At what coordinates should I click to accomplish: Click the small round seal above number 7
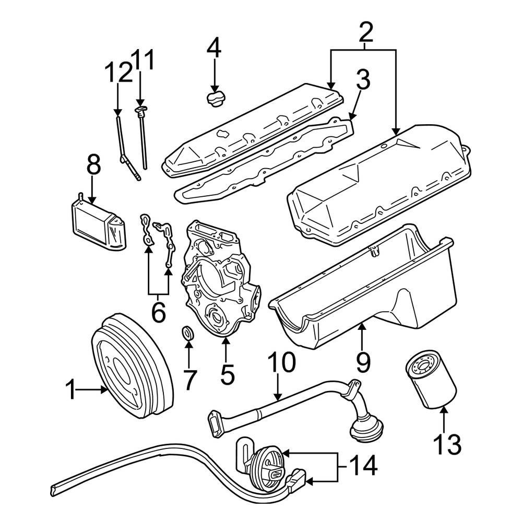click(x=188, y=333)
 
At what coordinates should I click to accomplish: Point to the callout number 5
click(x=228, y=374)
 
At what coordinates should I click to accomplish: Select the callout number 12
click(x=118, y=73)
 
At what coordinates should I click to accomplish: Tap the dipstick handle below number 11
click(x=140, y=110)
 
